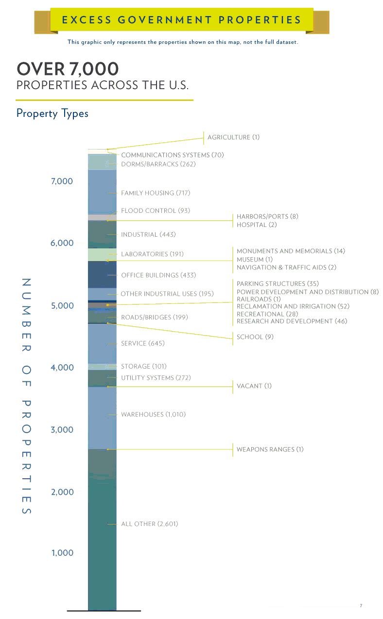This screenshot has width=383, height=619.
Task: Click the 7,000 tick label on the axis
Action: (x=62, y=181)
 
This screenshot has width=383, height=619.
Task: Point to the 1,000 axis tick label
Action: (x=62, y=553)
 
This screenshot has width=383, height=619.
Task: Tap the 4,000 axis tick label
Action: (x=62, y=367)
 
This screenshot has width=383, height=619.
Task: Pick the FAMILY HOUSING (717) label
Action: (x=156, y=193)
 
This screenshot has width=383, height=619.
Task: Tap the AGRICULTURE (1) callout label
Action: (x=233, y=137)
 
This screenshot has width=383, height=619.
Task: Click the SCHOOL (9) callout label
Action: (x=255, y=337)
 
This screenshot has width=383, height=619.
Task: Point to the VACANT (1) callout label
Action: (x=254, y=386)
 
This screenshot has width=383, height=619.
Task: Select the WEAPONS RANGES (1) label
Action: (x=270, y=450)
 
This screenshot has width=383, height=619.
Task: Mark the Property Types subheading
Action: (x=52, y=113)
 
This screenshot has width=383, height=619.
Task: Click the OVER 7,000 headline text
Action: (x=68, y=69)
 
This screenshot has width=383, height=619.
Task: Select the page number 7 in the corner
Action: (x=361, y=606)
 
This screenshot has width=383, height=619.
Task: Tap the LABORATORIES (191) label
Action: (x=152, y=254)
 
